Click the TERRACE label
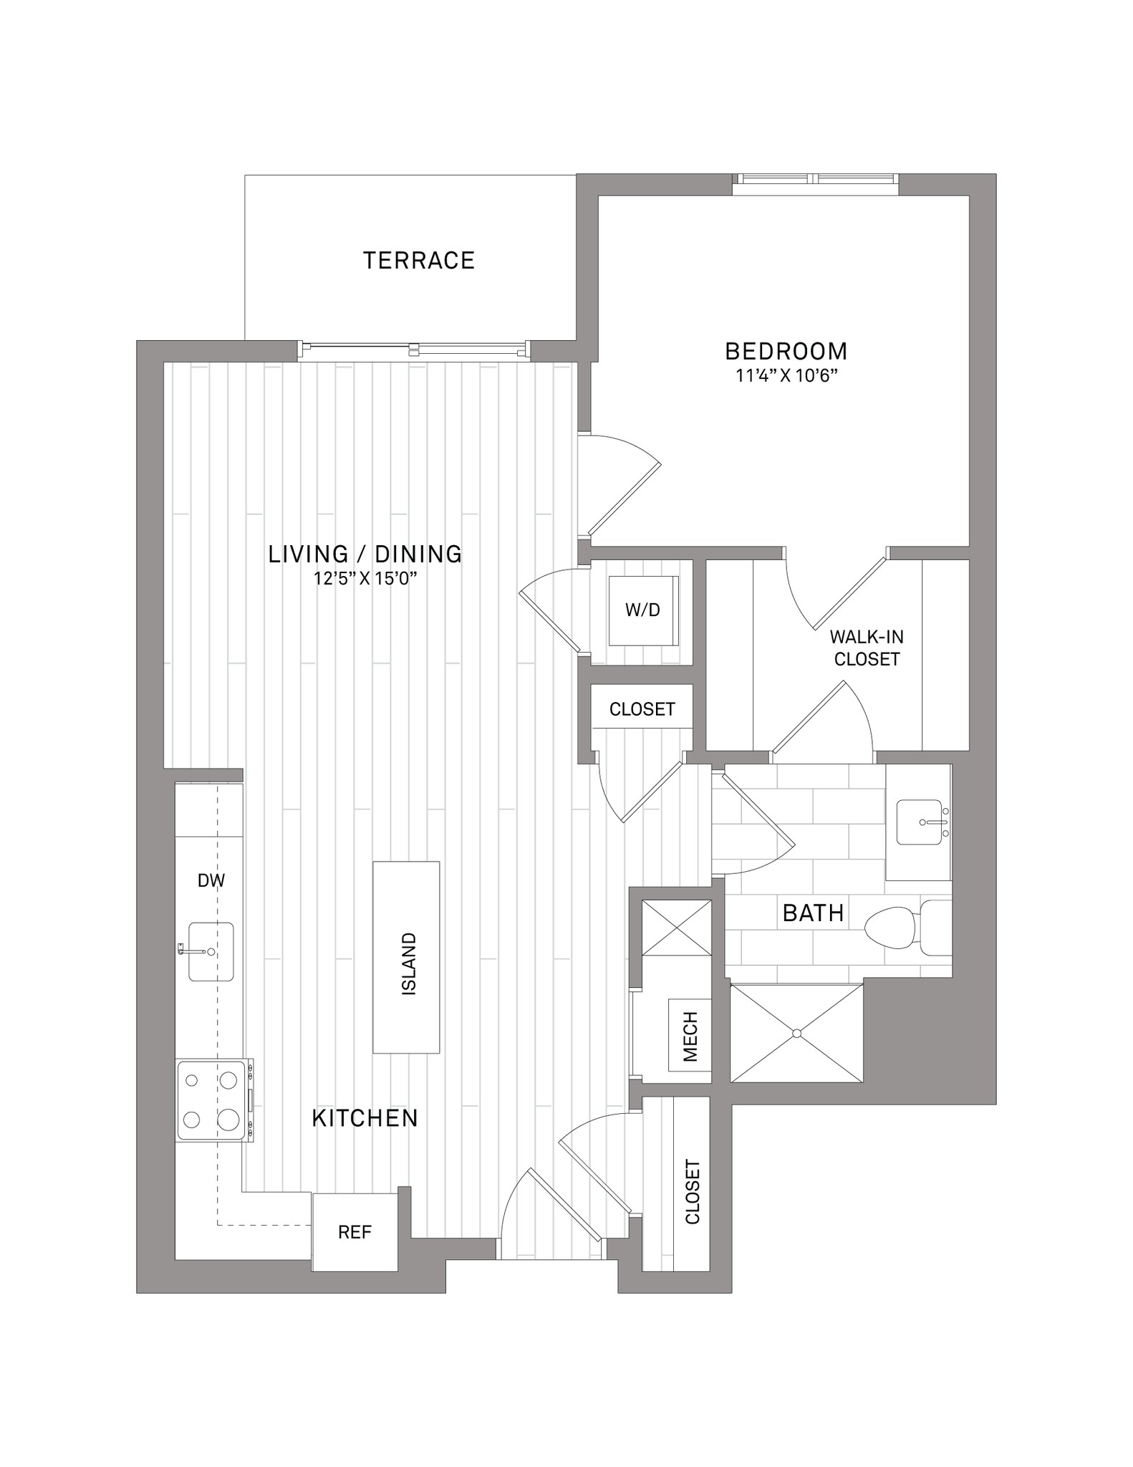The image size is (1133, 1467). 419,260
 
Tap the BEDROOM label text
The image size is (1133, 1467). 786,351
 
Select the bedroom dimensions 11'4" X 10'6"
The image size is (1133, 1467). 787,376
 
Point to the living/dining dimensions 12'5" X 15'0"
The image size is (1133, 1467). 365,578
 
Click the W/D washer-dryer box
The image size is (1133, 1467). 642,610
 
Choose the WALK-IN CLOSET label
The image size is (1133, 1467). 867,648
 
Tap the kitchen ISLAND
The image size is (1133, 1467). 406,957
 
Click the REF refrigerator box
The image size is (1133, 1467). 355,1232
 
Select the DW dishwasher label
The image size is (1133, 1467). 211,880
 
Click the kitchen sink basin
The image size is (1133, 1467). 211,951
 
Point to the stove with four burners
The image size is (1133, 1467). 214,1100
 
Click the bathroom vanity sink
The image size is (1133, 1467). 920,822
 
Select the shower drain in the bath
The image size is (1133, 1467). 796,1033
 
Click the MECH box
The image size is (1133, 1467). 690,1035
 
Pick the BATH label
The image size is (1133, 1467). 813,913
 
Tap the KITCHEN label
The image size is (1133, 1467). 365,1118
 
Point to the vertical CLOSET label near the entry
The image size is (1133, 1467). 693,1192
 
